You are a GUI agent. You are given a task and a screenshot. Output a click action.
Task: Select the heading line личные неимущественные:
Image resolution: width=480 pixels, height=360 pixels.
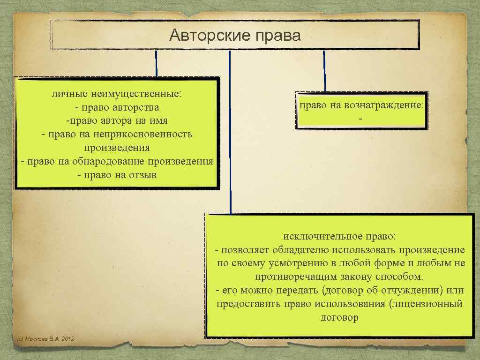pos(117,94)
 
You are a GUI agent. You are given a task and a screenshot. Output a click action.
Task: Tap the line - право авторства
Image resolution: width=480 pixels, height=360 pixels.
pos(117,107)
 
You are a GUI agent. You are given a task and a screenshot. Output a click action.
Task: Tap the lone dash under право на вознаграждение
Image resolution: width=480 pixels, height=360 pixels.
pos(360,120)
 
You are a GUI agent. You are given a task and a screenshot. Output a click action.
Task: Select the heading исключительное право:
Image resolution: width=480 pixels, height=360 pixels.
pos(339,235)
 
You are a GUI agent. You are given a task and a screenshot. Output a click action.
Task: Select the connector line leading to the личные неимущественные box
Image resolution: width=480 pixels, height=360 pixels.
pos(156,63)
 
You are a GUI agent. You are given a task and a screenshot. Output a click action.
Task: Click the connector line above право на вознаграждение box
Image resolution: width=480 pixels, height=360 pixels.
pos(324,70)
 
